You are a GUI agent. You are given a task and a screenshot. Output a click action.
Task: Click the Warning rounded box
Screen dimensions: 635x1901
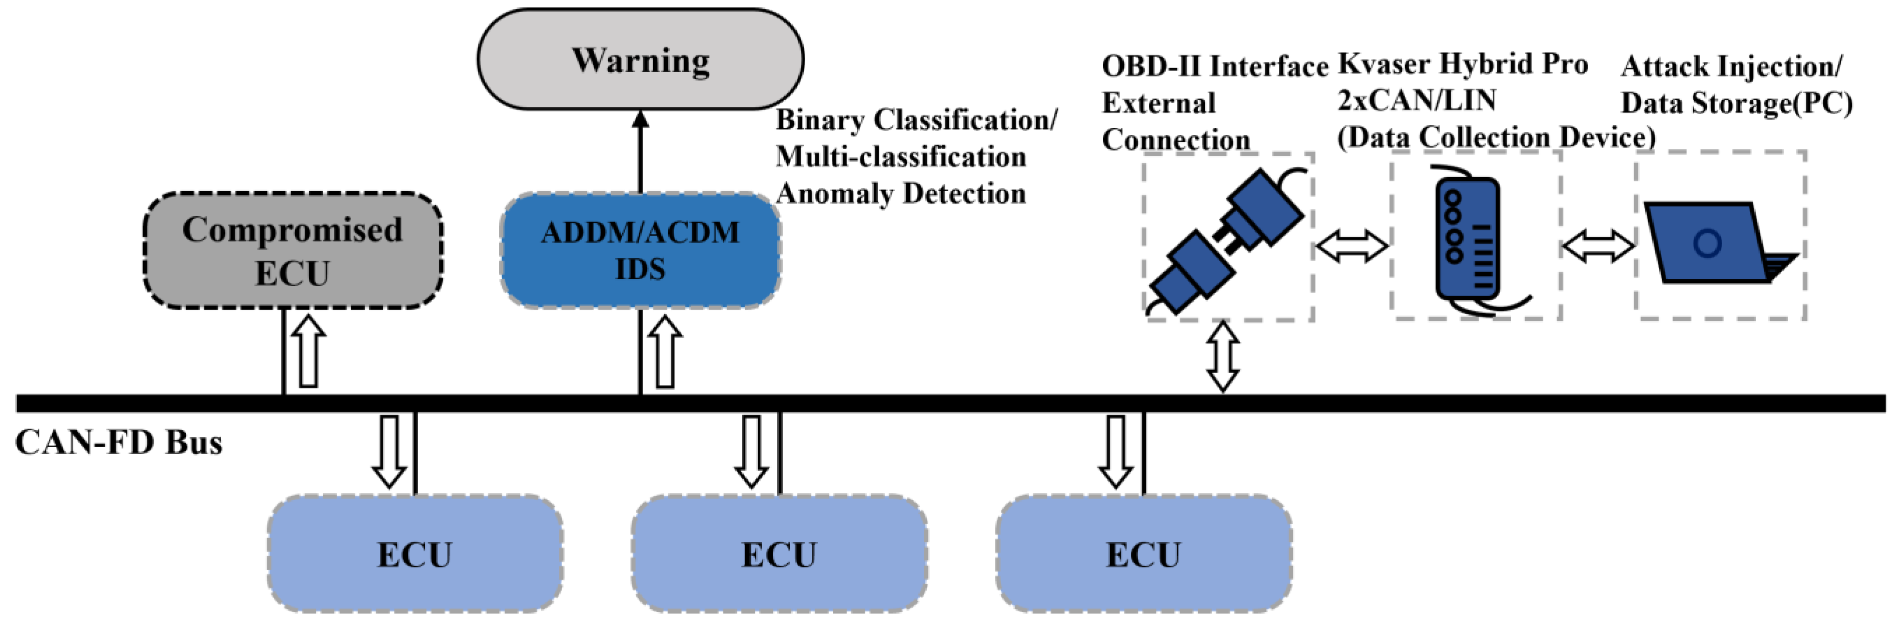pos(640,59)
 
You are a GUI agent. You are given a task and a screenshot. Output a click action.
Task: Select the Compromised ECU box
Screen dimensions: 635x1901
pos(292,250)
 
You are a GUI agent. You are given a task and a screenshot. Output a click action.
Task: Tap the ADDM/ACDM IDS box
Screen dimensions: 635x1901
pos(640,250)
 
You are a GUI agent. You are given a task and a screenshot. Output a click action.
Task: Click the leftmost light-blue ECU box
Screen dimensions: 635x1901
pos(415,554)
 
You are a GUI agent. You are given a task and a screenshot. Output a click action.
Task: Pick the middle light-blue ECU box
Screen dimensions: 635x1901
pos(779,554)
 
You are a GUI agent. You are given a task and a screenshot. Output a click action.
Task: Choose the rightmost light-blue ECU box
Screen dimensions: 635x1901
pos(1143,554)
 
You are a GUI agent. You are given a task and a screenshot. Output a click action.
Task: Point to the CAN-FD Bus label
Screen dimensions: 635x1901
pos(118,443)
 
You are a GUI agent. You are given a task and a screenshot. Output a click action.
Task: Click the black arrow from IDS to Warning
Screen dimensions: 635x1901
pos(640,152)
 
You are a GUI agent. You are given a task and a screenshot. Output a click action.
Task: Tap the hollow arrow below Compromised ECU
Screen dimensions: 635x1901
pos(308,351)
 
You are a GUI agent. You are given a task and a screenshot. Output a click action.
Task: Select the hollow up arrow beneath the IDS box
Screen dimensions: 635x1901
pos(665,351)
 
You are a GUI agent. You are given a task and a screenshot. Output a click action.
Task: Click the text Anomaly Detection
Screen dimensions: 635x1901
pos(900,193)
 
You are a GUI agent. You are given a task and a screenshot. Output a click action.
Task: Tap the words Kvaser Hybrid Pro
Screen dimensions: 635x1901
pos(1463,64)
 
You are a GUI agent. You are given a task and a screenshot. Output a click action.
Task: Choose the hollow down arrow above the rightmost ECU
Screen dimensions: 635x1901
pos(1116,450)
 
